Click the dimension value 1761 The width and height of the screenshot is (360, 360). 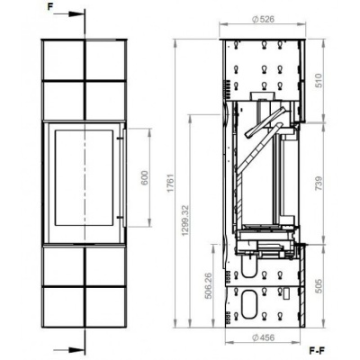(x=171, y=183)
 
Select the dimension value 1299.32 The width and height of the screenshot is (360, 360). (x=185, y=220)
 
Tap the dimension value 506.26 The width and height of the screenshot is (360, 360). (x=208, y=286)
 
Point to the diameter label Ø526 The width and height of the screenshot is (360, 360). (x=263, y=20)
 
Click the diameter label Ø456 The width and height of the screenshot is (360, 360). (x=264, y=337)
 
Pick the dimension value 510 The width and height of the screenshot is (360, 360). (x=319, y=80)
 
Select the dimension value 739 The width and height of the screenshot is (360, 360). (x=319, y=184)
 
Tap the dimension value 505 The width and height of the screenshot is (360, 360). (x=319, y=286)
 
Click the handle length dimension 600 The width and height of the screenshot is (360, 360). (x=145, y=178)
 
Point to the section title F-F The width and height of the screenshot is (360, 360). (x=317, y=350)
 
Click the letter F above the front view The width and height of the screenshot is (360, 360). (x=50, y=7)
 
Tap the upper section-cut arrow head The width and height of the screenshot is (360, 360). (x=76, y=14)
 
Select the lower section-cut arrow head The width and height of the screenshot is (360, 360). (x=76, y=350)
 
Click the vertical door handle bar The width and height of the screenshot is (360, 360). (x=124, y=177)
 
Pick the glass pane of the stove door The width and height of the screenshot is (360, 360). (x=84, y=178)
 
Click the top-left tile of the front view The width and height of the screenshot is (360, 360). (x=63, y=60)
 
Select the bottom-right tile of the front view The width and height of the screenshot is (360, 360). (x=105, y=307)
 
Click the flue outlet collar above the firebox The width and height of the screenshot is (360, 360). (x=262, y=96)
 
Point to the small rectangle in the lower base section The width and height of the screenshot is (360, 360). (x=286, y=293)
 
